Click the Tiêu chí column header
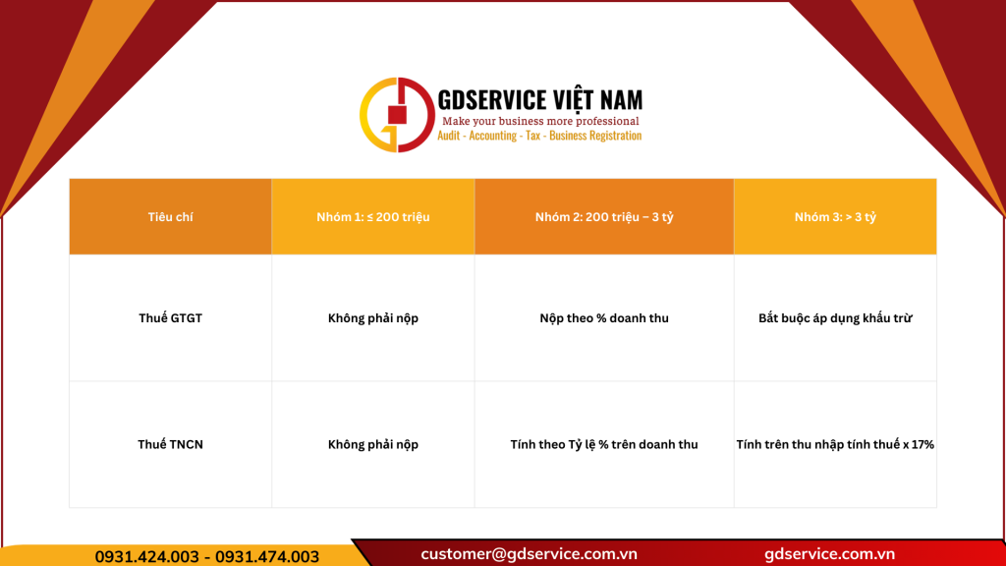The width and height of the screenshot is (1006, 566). (x=170, y=217)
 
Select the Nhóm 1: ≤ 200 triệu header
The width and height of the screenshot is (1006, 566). (x=372, y=217)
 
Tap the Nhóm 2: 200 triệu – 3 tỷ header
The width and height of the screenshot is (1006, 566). (x=604, y=217)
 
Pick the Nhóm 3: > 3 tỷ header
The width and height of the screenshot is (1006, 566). (x=835, y=217)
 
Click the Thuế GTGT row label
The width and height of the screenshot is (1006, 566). (x=170, y=318)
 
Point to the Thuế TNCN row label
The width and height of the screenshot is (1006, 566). (x=170, y=444)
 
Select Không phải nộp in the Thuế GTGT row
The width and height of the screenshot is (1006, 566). (x=372, y=318)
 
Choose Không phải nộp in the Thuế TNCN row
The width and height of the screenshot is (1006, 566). (x=372, y=444)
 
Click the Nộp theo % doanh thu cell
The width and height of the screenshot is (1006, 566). (x=604, y=318)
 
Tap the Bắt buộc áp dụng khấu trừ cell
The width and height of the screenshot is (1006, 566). (x=835, y=318)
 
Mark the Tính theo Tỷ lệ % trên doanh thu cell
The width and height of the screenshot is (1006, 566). (x=604, y=444)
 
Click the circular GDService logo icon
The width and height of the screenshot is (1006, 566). (x=397, y=115)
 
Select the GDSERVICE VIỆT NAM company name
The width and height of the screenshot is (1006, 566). (x=539, y=99)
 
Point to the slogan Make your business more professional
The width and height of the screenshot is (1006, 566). (x=540, y=121)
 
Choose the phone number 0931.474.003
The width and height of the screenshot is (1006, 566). (x=267, y=556)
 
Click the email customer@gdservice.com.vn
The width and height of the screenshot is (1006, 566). (x=529, y=553)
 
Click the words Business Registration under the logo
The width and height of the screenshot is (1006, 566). (x=595, y=136)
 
